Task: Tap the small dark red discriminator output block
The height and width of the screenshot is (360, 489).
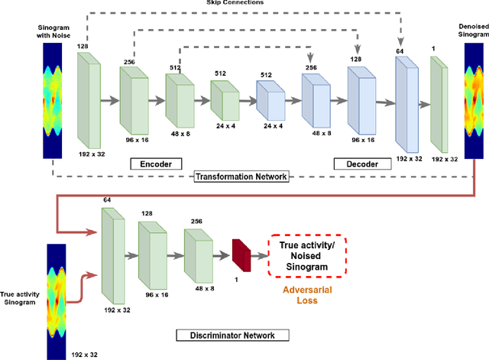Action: pos(241,255)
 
